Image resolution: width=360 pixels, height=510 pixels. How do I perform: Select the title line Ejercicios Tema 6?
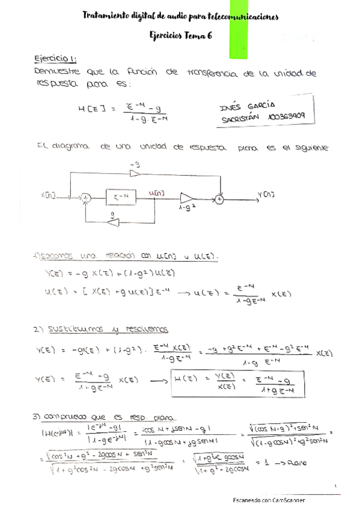pyautogui.click(x=180, y=35)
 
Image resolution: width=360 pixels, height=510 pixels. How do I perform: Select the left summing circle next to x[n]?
pyautogui.click(x=86, y=196)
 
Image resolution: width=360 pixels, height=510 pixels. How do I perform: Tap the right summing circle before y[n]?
pyautogui.click(x=221, y=196)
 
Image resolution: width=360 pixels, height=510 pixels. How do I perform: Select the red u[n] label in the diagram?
pyautogui.click(x=159, y=192)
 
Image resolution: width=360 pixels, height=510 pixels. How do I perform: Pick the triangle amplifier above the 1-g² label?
pyautogui.click(x=187, y=197)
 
